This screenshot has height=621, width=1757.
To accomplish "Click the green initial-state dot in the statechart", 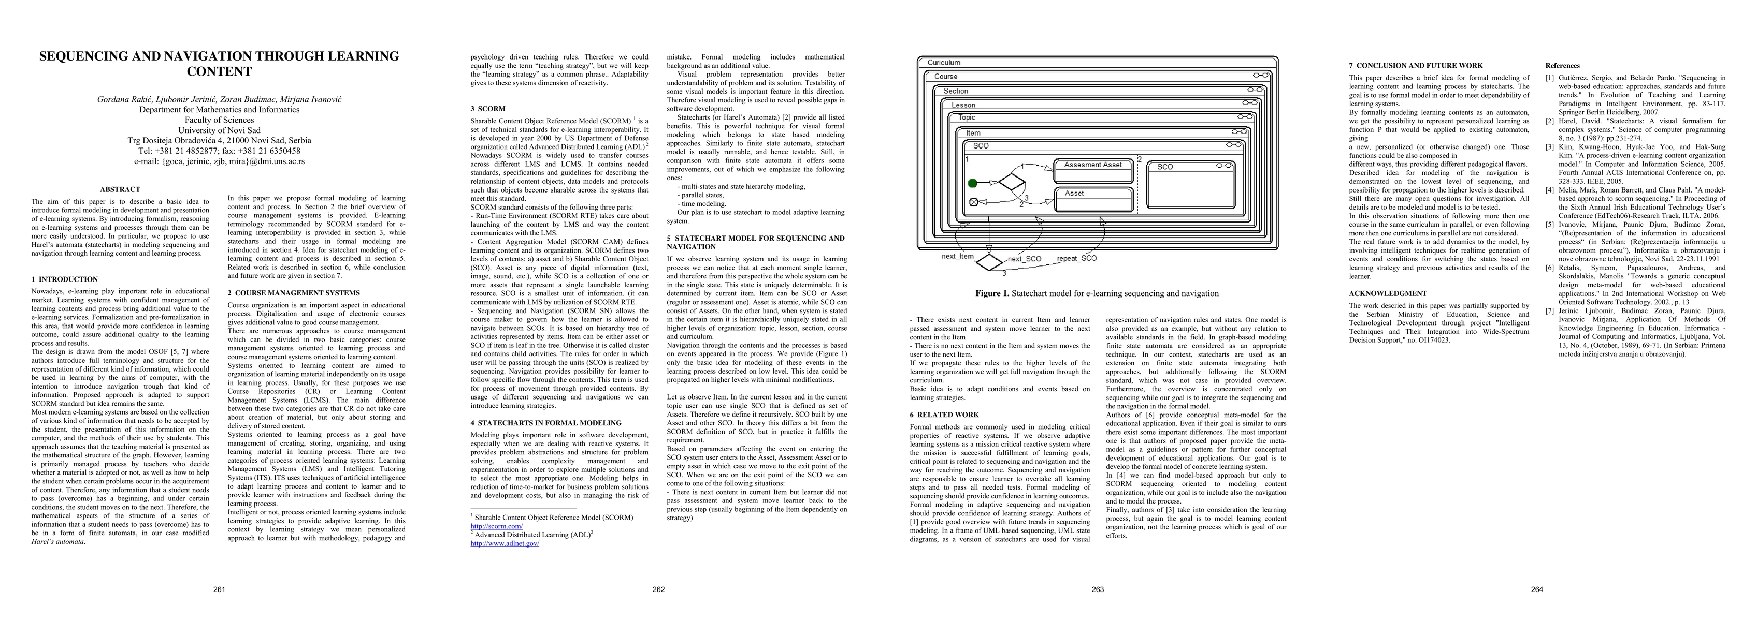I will (973, 183).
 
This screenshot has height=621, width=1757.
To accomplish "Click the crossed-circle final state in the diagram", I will (973, 202).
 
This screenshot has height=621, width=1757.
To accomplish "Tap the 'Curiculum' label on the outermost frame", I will (943, 63).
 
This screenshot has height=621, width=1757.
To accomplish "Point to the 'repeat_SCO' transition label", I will (1077, 258).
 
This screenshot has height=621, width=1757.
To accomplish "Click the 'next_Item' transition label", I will (958, 256).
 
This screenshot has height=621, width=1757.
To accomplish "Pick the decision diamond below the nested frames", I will (990, 261).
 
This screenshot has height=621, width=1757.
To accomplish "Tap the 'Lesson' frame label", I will (963, 105).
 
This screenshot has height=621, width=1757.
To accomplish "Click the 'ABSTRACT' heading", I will (120, 189).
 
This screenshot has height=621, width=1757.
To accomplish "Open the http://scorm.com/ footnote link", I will (497, 526).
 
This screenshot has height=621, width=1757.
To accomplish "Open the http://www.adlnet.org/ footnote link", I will (505, 543).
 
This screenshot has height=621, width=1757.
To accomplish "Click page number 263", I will (1098, 589).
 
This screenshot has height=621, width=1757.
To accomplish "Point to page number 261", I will (219, 589).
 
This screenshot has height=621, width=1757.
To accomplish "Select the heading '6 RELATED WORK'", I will (944, 415).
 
